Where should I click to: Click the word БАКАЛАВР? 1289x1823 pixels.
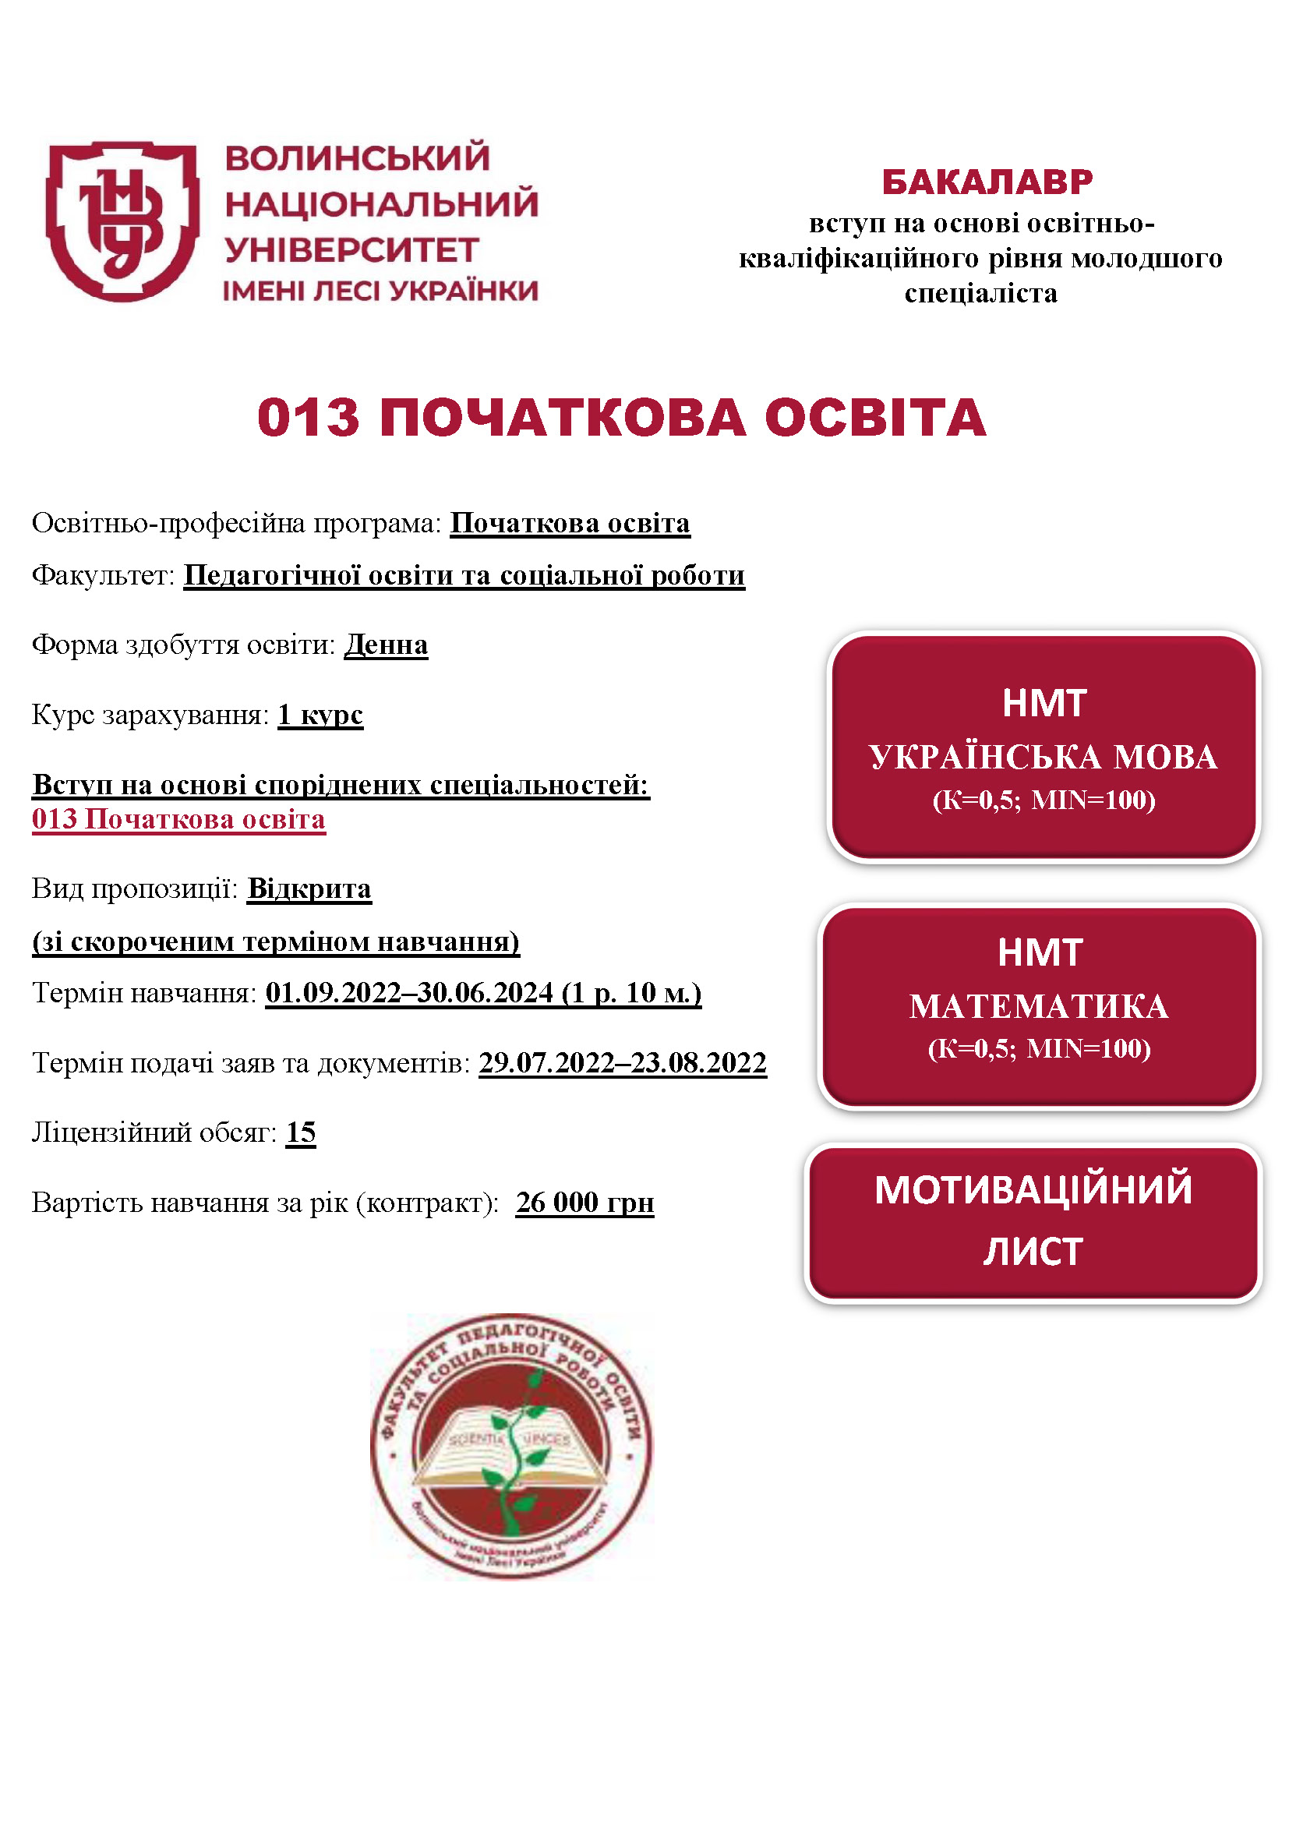click(x=987, y=182)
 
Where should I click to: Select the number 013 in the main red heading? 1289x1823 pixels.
click(x=308, y=418)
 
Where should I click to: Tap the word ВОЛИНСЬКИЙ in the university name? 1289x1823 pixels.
click(x=357, y=158)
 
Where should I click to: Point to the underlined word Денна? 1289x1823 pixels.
click(x=386, y=645)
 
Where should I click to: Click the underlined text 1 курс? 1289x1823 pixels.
click(x=320, y=715)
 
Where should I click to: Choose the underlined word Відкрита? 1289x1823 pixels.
click(x=309, y=889)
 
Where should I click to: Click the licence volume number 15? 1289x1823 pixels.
click(x=301, y=1132)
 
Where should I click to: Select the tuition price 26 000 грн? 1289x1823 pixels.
click(x=584, y=1202)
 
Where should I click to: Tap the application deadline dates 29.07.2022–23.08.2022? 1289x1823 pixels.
click(x=622, y=1062)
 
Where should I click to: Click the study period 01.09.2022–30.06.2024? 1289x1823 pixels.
click(x=410, y=992)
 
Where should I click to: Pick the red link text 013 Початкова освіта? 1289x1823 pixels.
click(x=178, y=819)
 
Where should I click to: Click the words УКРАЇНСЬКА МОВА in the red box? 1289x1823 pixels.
click(x=1043, y=757)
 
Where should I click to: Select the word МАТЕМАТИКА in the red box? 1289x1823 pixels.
click(x=1039, y=1007)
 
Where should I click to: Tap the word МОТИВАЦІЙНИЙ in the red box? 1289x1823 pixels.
click(x=1033, y=1190)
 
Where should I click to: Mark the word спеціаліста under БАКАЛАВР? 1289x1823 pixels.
click(x=981, y=294)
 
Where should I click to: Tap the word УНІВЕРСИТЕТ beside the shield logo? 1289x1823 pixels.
click(x=351, y=250)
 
